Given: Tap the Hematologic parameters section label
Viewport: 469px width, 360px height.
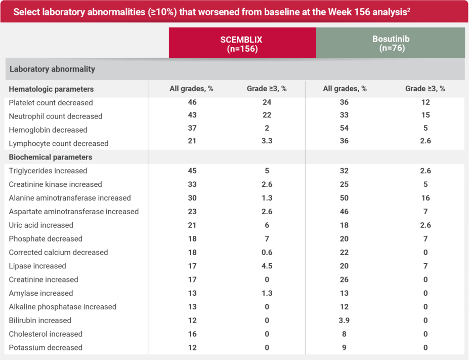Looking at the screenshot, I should pyautogui.click(x=51, y=89).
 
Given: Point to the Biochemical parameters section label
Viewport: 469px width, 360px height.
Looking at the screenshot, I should pyautogui.click(x=51, y=157).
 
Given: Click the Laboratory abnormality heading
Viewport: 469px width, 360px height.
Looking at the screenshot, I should pyautogui.click(x=52, y=69).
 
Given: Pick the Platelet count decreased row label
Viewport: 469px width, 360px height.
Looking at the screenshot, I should pyautogui.click(x=51, y=103).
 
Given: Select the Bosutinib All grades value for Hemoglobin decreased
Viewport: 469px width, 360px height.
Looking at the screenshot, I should pyautogui.click(x=345, y=130).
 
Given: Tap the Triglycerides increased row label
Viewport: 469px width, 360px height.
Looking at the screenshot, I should pyautogui.click(x=48, y=171).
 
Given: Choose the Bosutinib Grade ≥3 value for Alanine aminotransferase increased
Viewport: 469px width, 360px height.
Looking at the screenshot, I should pyautogui.click(x=425, y=198).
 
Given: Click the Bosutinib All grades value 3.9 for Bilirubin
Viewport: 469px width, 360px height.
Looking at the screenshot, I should pyautogui.click(x=345, y=321).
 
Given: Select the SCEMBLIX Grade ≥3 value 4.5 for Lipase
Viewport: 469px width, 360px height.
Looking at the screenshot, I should pyautogui.click(x=267, y=266).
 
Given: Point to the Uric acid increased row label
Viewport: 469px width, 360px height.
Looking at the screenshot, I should pyautogui.click(x=41, y=225).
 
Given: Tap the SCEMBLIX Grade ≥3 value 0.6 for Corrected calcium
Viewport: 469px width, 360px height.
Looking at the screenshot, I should pyautogui.click(x=267, y=252).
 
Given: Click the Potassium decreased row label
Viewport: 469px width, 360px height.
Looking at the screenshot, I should pyautogui.click(x=46, y=348).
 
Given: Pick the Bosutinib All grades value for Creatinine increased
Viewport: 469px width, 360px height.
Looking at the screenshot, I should pyautogui.click(x=345, y=279).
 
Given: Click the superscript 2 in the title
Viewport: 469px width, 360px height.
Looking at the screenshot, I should pyautogui.click(x=408, y=9).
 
